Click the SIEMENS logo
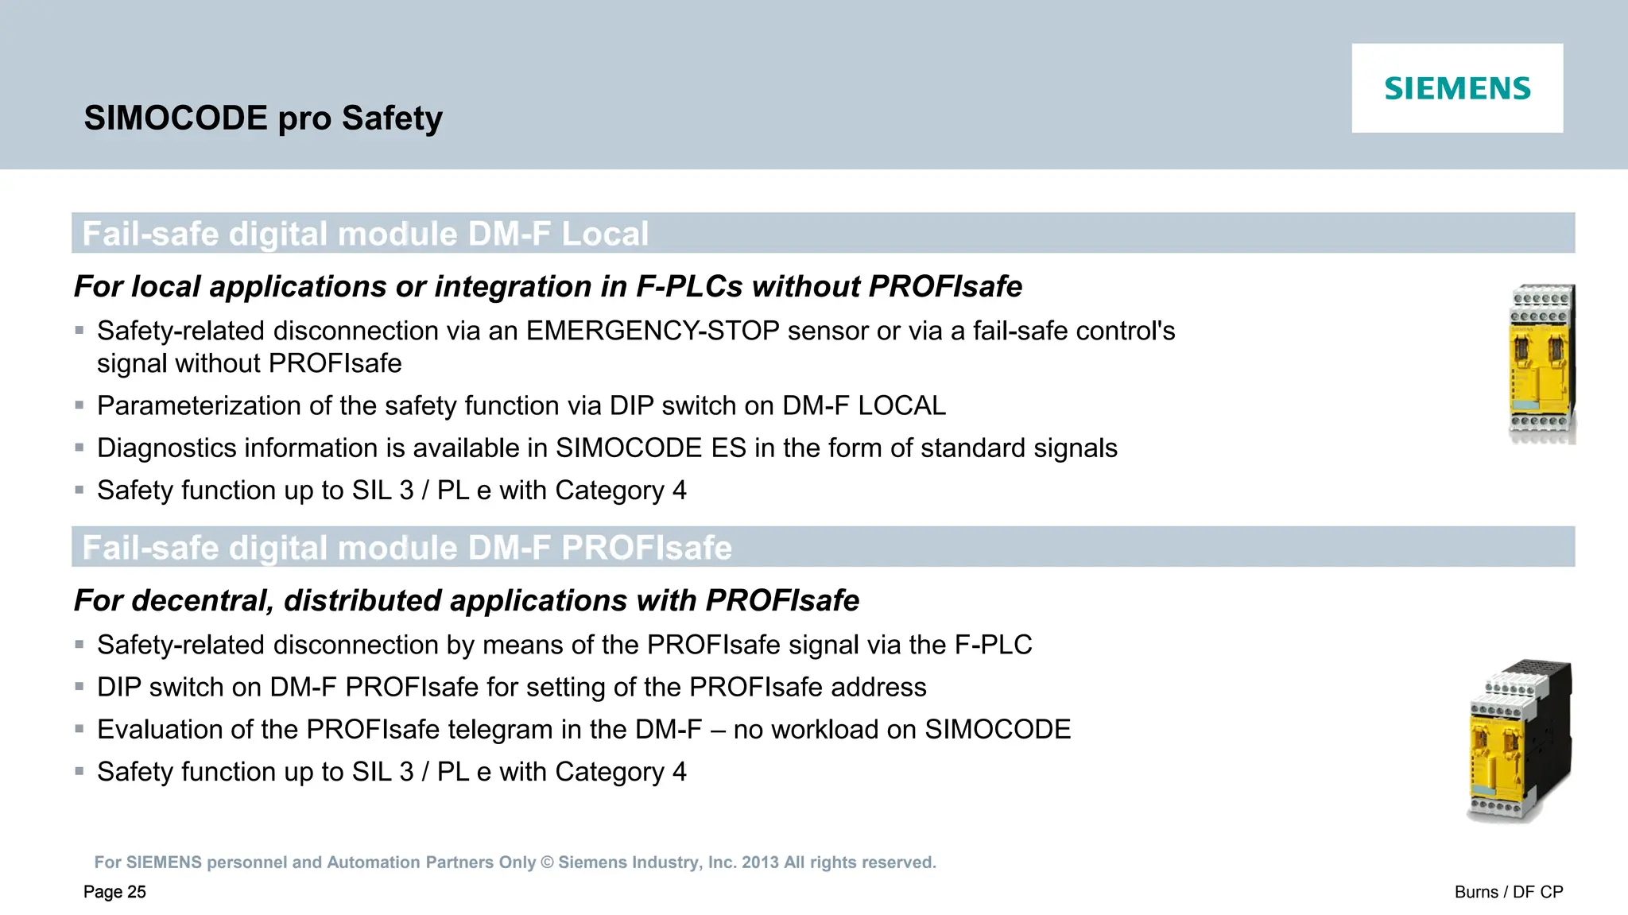[1457, 88]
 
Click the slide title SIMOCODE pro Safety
[263, 118]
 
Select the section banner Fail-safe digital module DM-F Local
[366, 234]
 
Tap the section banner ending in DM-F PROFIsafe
[407, 548]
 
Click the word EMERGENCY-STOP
[652, 331]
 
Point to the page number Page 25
[114, 892]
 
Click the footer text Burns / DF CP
[1508, 892]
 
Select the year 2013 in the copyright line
[760, 863]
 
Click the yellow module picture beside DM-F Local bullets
[1541, 363]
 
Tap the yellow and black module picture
[1519, 741]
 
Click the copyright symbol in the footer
[547, 863]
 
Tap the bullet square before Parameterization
[79, 405]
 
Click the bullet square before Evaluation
[79, 728]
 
